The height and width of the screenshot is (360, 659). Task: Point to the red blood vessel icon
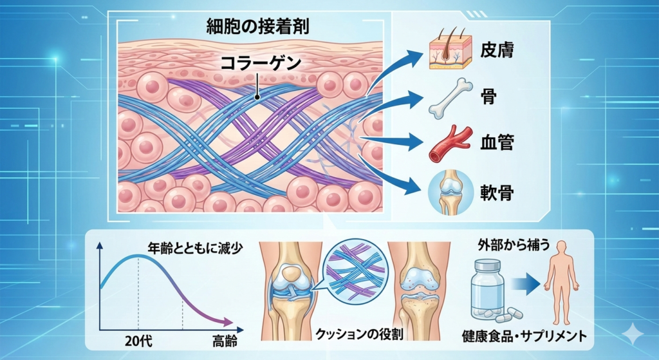pos(446,143)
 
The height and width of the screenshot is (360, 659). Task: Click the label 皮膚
pos(496,50)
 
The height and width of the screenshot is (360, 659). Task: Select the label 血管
pos(496,143)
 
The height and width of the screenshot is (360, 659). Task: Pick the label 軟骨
pos(496,191)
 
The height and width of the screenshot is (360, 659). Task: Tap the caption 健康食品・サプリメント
pos(524,336)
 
